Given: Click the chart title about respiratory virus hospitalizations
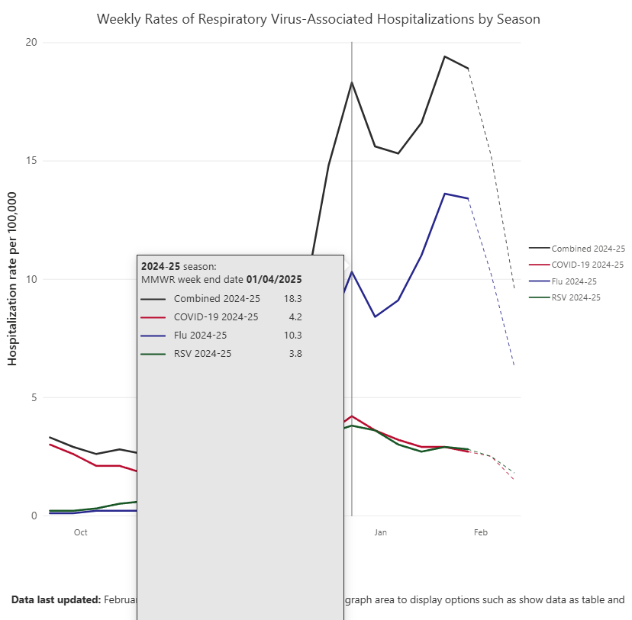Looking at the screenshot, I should click(x=318, y=19).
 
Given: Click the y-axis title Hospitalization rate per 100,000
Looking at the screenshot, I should click(x=13, y=278).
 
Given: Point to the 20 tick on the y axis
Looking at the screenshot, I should click(x=31, y=43).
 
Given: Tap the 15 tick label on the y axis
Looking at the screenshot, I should click(x=31, y=161).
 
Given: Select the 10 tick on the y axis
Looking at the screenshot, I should click(x=31, y=279).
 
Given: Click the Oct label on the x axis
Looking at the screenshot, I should click(x=81, y=532).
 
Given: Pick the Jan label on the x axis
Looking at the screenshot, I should click(x=381, y=532).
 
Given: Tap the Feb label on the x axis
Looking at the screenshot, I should click(x=481, y=532).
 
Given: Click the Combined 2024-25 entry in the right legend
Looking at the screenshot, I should click(x=588, y=249).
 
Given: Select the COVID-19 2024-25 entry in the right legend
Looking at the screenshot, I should click(x=588, y=265).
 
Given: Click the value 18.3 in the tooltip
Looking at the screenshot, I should click(x=293, y=298).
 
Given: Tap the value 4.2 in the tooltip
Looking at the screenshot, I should click(x=295, y=316).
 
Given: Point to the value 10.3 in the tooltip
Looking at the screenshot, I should click(x=293, y=335).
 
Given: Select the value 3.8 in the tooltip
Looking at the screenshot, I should click(x=295, y=353).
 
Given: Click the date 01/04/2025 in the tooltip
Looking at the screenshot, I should click(x=274, y=279).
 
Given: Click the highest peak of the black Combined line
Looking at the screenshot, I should click(x=444, y=56).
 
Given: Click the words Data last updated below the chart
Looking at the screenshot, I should click(x=56, y=600).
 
